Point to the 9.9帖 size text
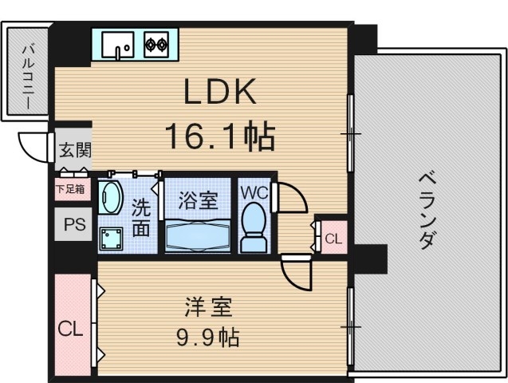tap(207, 337)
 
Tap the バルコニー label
tap(26, 72)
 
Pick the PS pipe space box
tap(73, 225)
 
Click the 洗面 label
tap(140, 218)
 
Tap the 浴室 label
tap(198, 199)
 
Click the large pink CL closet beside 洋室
tap(72, 328)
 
